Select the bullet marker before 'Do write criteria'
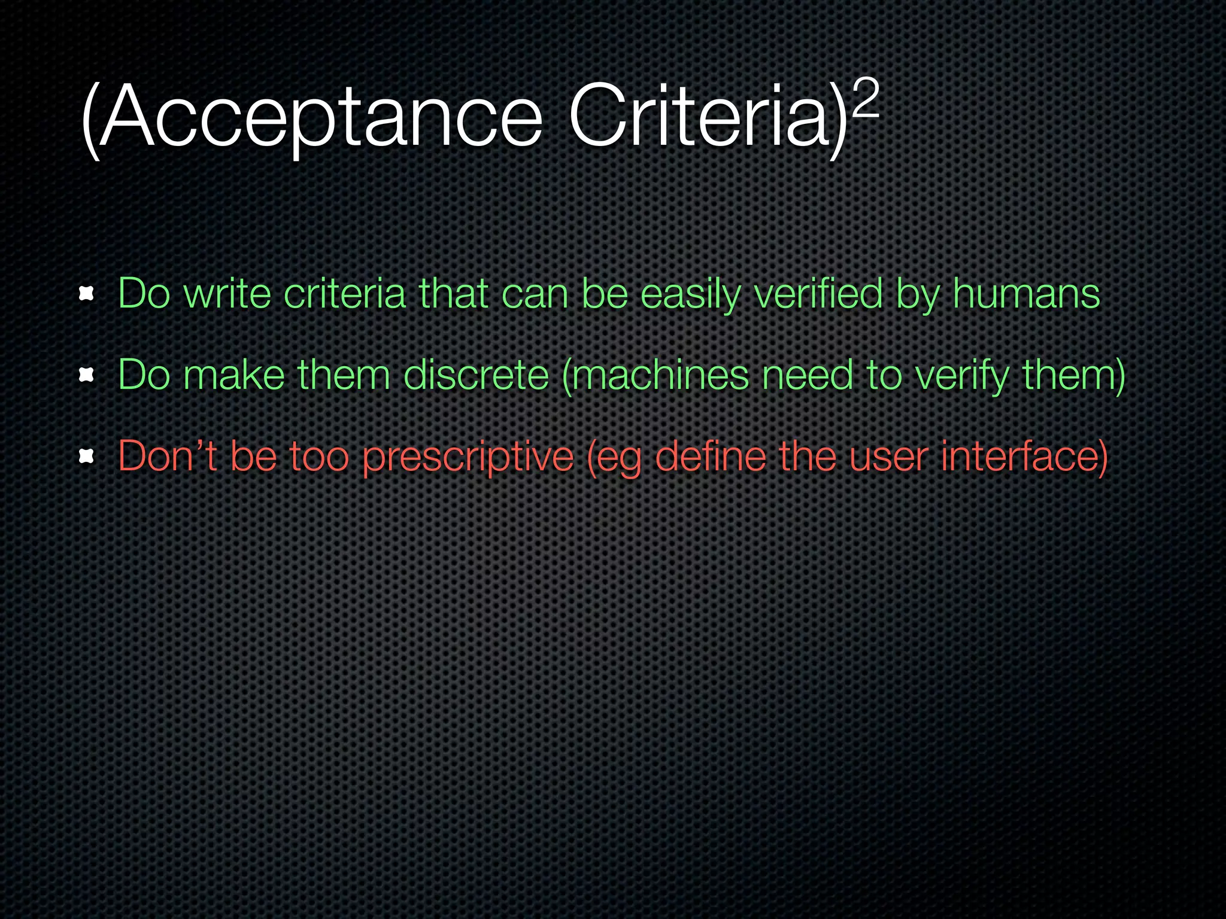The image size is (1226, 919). click(x=87, y=294)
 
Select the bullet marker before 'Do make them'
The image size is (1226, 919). click(x=87, y=375)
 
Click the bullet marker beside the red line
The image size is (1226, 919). click(x=87, y=457)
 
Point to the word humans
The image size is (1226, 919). click(x=1026, y=294)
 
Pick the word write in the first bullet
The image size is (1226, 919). click(x=227, y=294)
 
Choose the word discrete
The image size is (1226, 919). click(x=477, y=375)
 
